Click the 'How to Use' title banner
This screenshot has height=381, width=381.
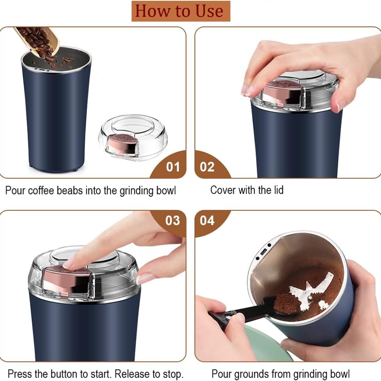click(181, 11)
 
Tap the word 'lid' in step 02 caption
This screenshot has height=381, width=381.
click(278, 190)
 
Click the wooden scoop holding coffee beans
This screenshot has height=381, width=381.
click(38, 41)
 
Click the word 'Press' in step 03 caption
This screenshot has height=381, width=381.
click(20, 374)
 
